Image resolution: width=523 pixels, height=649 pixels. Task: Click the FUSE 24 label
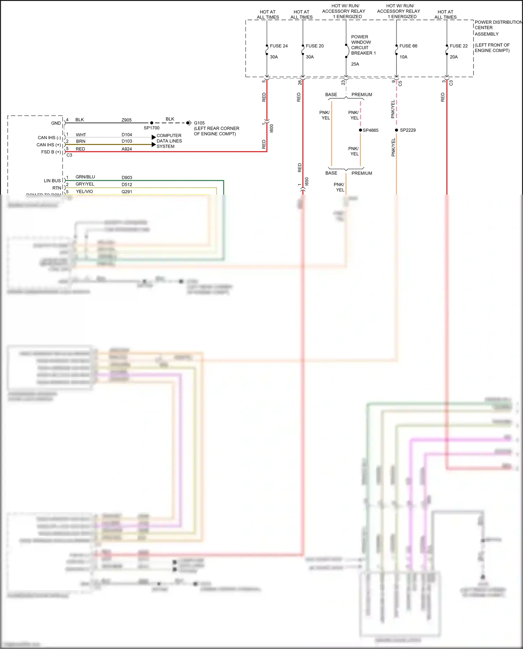(278, 46)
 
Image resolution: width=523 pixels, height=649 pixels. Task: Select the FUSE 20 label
(314, 46)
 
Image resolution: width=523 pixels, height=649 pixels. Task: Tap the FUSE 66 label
(408, 46)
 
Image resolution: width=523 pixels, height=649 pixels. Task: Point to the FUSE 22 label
(458, 46)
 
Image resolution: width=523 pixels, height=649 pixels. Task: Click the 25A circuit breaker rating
(355, 64)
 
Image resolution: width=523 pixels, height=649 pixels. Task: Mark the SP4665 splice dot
(361, 130)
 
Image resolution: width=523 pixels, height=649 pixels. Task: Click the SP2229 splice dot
(396, 130)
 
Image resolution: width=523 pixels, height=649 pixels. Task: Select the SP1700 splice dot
(152, 123)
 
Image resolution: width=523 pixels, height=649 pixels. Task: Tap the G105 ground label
(199, 123)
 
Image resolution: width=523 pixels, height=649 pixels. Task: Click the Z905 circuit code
(127, 120)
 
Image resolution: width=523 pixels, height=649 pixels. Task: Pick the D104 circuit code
(127, 135)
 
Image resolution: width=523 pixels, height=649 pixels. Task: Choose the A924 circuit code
(127, 149)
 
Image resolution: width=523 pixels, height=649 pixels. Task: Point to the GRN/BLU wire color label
(85, 177)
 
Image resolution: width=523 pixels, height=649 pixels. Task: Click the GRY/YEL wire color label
(85, 184)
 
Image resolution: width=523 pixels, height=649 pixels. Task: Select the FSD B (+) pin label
(51, 152)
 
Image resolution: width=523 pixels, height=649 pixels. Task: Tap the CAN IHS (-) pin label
(49, 138)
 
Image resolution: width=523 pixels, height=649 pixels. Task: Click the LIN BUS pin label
(52, 181)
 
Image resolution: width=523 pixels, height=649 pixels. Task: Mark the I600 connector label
(272, 128)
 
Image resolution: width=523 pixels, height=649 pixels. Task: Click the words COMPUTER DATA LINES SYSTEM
(169, 141)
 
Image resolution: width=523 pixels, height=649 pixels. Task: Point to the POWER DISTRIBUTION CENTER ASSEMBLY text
(498, 28)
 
